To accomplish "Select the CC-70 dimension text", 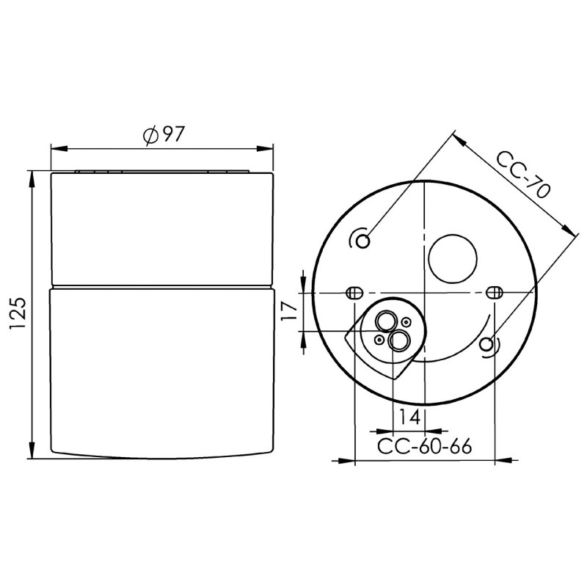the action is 523,175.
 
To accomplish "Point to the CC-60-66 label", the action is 424,446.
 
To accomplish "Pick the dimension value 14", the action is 409,417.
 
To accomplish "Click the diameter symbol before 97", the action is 150,136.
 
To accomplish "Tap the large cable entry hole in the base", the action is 453,259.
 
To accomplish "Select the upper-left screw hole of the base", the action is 362,241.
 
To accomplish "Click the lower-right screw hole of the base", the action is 486,344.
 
